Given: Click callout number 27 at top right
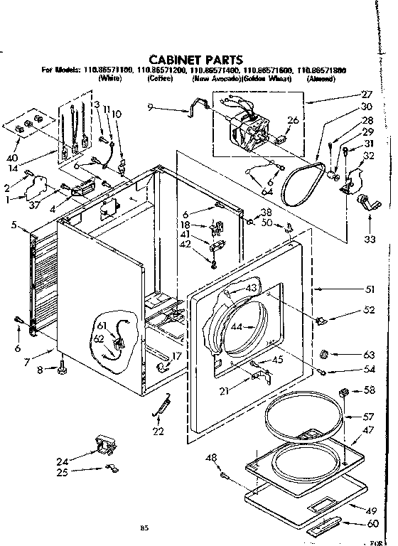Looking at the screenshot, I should [x=367, y=95].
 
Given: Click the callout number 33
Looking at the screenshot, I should [x=369, y=240].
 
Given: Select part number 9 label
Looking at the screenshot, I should [x=150, y=107].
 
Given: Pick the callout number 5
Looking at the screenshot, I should [x=15, y=225].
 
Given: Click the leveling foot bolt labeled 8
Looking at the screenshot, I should [x=62, y=368].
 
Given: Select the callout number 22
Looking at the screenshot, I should [x=158, y=432].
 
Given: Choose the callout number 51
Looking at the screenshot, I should [x=369, y=289].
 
